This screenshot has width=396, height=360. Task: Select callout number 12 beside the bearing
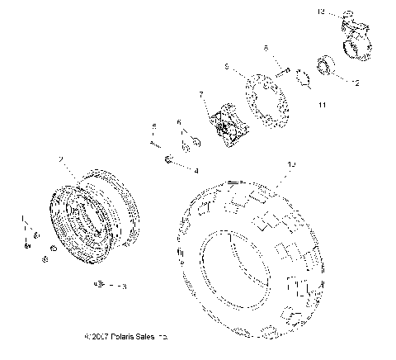pos(356,83)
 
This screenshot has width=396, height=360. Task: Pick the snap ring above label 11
pos(303,80)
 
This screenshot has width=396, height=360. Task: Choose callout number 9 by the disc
pos(227,65)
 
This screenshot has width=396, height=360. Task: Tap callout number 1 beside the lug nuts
pos(24,217)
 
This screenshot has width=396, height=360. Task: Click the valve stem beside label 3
pos(100,286)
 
